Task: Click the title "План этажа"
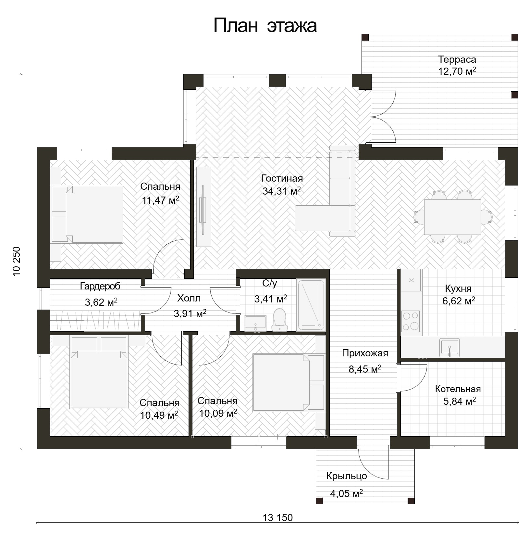pos(265,26)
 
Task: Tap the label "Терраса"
pos(457,59)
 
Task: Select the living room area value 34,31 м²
pos(281,191)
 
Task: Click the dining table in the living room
pos(452,217)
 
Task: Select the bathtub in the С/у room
pos(311,305)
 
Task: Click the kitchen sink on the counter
pos(449,348)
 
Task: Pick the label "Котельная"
pos(458,389)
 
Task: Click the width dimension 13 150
pos(277,517)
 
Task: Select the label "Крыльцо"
pos(347,476)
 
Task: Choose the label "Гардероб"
pos(100,286)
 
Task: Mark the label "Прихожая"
pos(365,353)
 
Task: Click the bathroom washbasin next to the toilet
pos(255,323)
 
